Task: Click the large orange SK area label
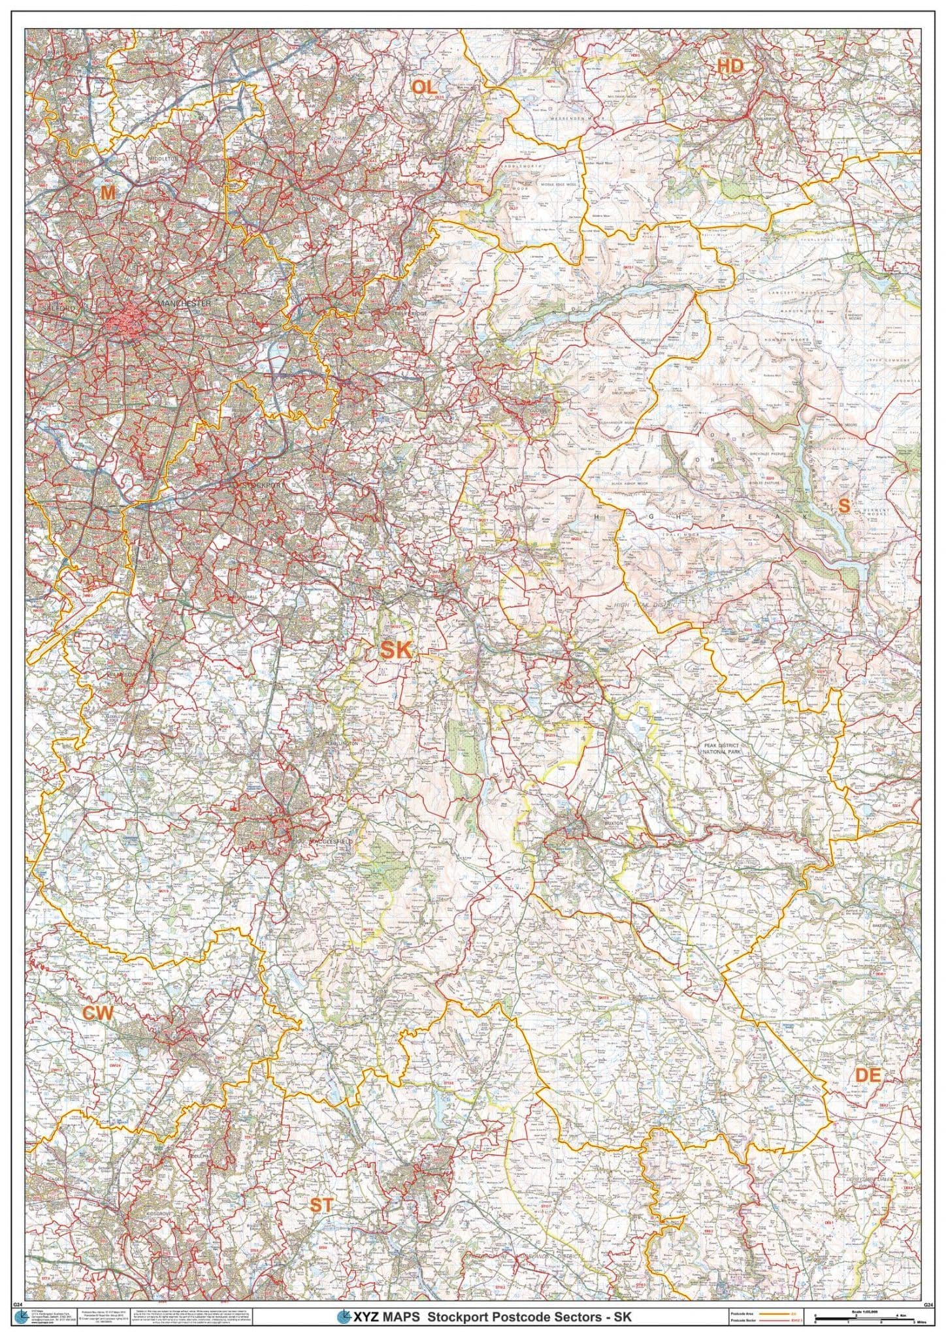coord(395,650)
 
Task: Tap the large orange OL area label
coord(423,86)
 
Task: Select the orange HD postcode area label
coord(730,65)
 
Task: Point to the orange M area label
coord(106,192)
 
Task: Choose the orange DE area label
coord(868,1077)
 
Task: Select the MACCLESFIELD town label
coord(333,842)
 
